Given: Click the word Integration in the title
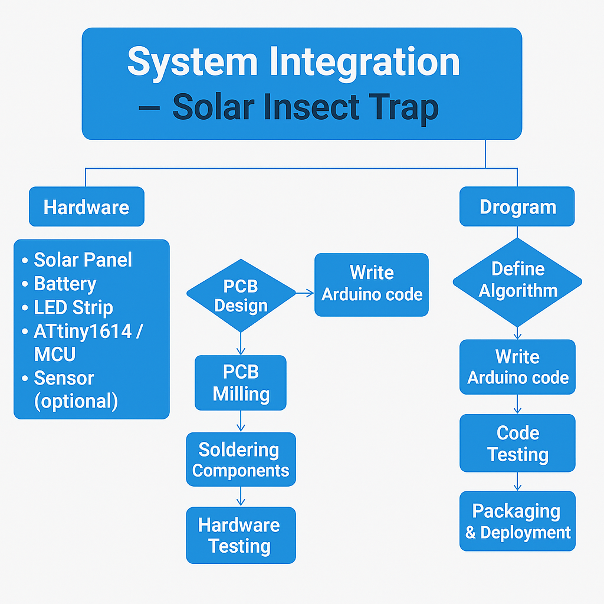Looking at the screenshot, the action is coord(365,63).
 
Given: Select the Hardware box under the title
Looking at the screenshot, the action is coord(87,206).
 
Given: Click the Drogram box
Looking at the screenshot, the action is coord(517,206).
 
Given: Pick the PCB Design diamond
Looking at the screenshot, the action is coord(241,296).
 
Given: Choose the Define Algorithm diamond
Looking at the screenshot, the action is coord(517,283).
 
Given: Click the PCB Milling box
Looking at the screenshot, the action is coord(241,382).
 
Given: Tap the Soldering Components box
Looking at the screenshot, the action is coord(241,459).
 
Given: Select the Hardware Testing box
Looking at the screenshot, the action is coord(241,535).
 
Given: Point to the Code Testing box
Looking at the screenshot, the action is coord(517,443).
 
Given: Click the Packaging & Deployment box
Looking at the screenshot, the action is coord(517,521).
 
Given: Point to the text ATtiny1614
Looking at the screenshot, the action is coord(83,331).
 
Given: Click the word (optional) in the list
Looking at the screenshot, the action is coord(76,401).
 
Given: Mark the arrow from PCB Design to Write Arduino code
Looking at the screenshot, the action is coord(305,293).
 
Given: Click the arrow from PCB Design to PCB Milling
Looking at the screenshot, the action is coord(241,344).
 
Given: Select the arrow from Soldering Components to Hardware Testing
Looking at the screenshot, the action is coord(241,496).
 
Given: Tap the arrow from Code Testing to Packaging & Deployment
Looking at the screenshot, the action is coord(517,481).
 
